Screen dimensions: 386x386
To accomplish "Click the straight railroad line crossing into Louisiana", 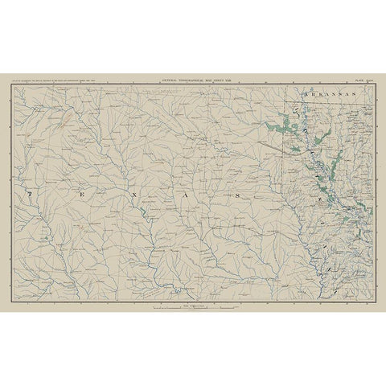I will (277, 150).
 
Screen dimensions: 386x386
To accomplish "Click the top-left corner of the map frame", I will (11, 85).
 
